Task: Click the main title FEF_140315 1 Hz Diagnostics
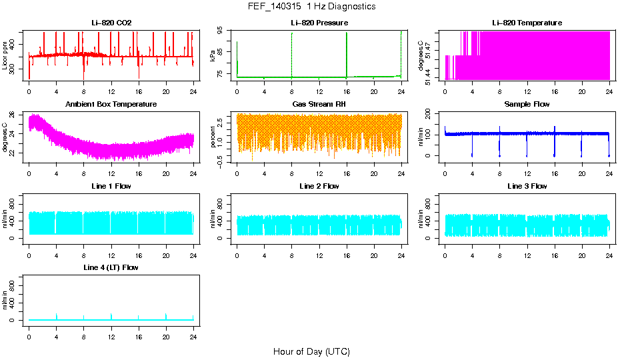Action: (x=311, y=7)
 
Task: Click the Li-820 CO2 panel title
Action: (x=111, y=23)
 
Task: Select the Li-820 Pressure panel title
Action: (x=319, y=23)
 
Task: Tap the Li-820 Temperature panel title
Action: (x=527, y=23)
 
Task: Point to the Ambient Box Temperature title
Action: (x=111, y=105)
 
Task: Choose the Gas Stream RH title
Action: (x=319, y=105)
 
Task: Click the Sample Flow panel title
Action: (x=527, y=105)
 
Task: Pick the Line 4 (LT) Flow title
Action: (x=111, y=267)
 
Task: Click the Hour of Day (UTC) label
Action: (x=311, y=351)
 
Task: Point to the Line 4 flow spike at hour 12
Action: (x=111, y=315)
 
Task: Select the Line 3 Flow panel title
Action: (x=527, y=186)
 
